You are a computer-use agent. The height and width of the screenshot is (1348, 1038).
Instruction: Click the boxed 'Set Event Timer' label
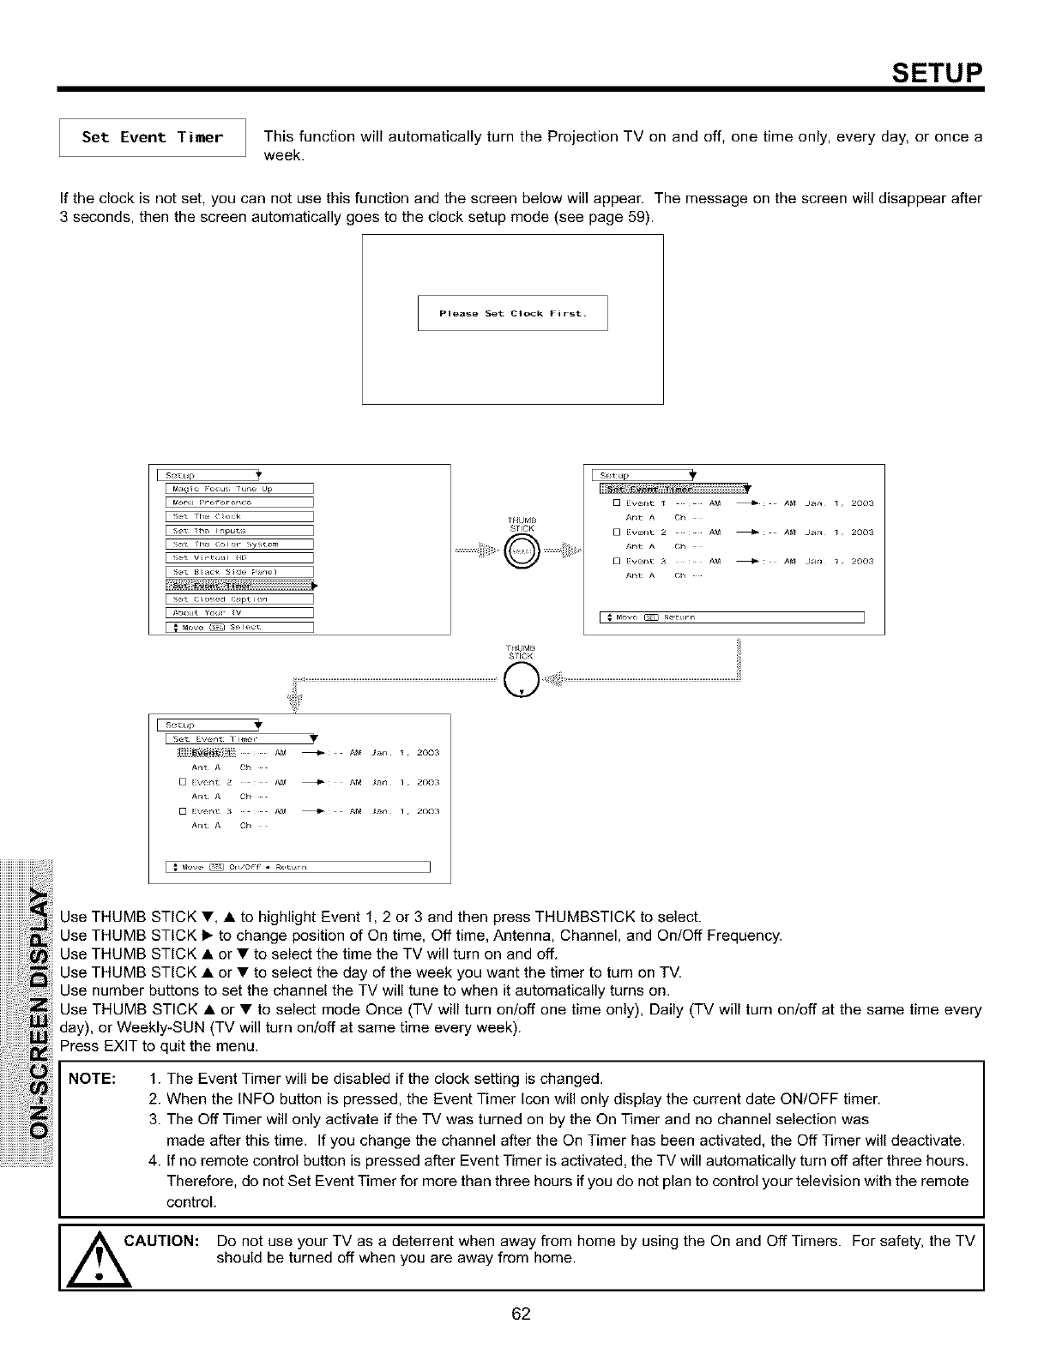[152, 138]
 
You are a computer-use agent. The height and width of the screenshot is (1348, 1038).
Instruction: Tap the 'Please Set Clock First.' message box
[512, 313]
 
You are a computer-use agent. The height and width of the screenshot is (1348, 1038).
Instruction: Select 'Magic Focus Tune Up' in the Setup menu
[238, 489]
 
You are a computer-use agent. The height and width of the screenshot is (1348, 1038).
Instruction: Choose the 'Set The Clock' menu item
[238, 516]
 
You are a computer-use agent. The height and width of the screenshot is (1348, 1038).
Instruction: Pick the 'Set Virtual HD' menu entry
[238, 557]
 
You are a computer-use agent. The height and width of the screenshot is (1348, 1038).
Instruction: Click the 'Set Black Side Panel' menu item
[238, 571]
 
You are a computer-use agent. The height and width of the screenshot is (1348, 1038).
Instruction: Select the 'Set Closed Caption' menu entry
[238, 599]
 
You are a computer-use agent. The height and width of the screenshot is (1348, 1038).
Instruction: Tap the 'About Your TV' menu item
[238, 613]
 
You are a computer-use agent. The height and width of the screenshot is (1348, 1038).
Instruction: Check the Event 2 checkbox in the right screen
[617, 533]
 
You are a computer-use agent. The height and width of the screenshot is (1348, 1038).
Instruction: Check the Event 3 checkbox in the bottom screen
[183, 811]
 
